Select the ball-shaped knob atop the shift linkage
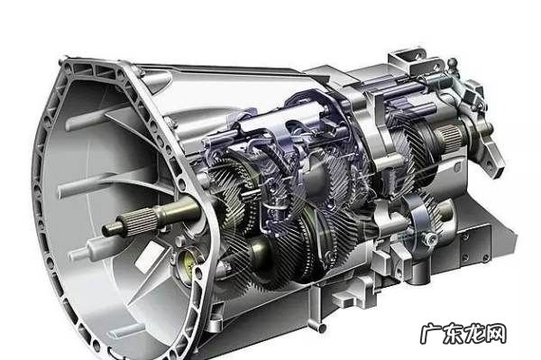click(x=453, y=64)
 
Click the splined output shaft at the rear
click(x=449, y=135)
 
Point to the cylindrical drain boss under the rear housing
click(x=419, y=272)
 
